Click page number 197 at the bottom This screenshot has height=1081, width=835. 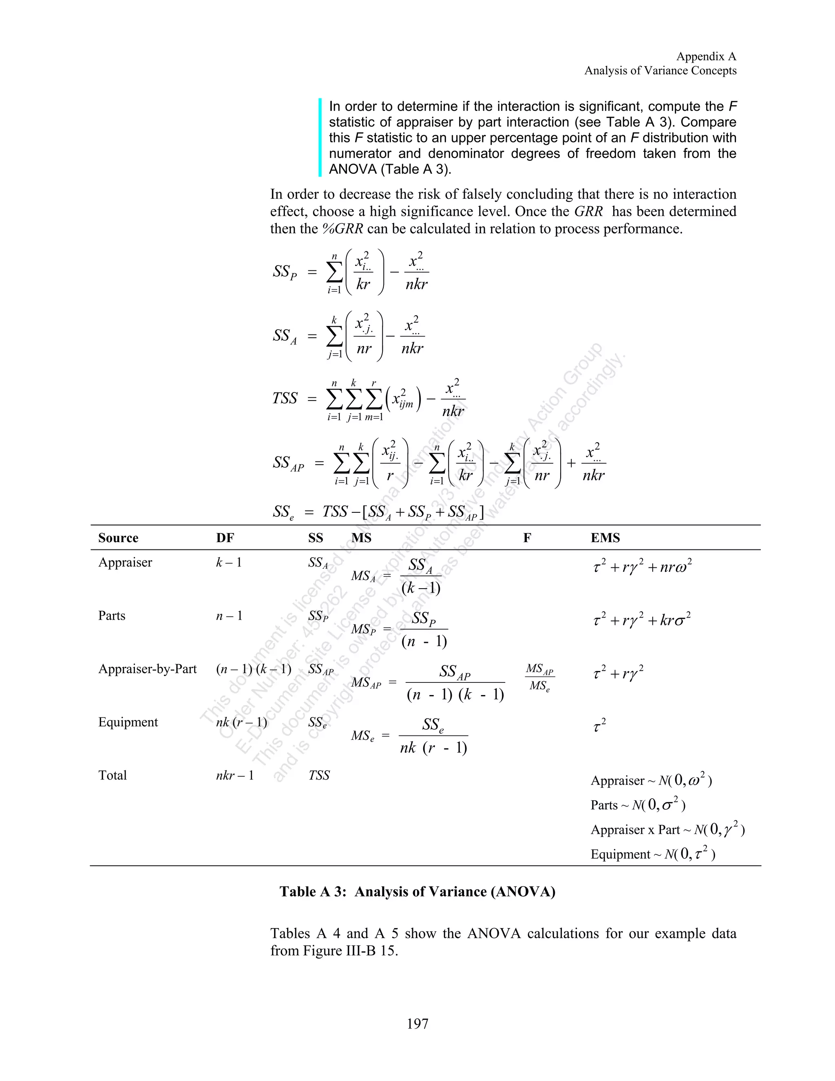tap(417, 1023)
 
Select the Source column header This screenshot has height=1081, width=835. tap(118, 538)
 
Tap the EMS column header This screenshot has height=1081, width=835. tap(605, 538)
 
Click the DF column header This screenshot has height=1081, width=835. tap(225, 538)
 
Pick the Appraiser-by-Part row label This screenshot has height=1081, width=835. tap(148, 669)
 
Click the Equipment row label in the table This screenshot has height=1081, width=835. tap(128, 722)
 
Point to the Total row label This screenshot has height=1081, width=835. tap(113, 775)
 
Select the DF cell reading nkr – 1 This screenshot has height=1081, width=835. tap(235, 775)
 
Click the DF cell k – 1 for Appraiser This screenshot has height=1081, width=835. tap(229, 562)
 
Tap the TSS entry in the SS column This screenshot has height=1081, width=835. tap(319, 775)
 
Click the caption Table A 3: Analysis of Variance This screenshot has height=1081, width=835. tap(417, 891)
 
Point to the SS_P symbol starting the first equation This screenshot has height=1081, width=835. tap(285, 272)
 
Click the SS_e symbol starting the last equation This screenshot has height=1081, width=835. tap(283, 512)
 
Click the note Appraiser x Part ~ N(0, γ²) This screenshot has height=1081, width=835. tap(667, 830)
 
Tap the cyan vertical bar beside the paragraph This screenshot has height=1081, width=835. tap(320, 137)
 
